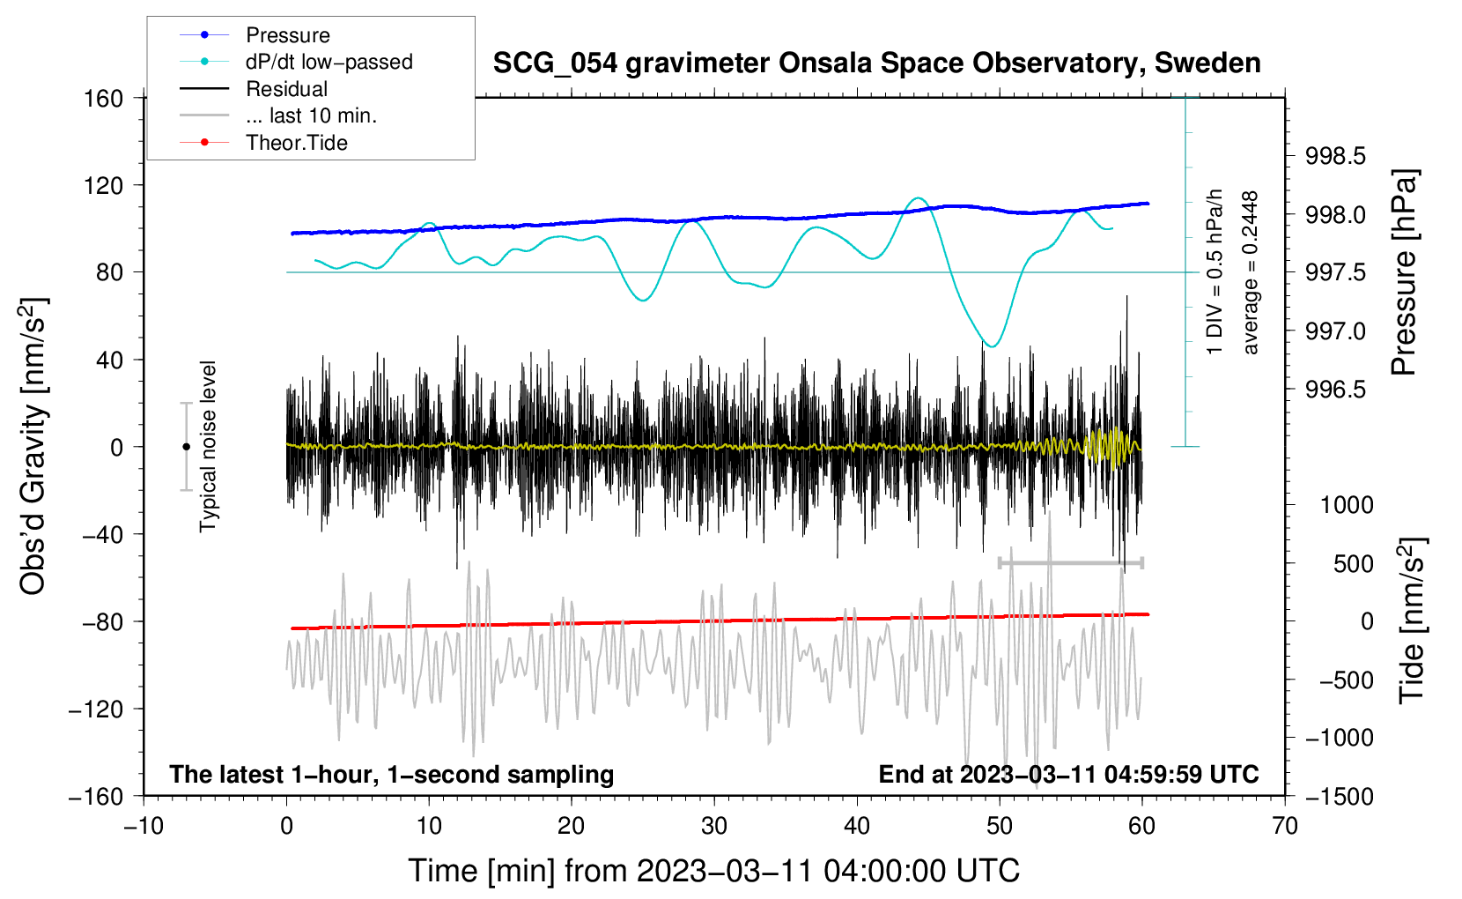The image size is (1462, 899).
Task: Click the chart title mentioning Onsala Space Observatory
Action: click(x=876, y=63)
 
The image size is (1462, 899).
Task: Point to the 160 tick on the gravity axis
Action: click(x=104, y=99)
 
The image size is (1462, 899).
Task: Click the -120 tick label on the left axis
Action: click(x=97, y=709)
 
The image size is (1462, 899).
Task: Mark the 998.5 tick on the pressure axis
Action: click(x=1334, y=156)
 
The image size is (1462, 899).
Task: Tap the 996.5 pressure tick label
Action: click(x=1334, y=390)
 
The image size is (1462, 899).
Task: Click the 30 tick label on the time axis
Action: click(x=714, y=827)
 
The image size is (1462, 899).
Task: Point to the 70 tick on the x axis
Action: click(x=1284, y=827)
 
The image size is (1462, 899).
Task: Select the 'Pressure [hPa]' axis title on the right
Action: click(x=1406, y=272)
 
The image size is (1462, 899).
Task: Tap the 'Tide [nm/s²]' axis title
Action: click(x=1413, y=620)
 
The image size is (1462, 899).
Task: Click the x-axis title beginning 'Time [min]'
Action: click(x=713, y=872)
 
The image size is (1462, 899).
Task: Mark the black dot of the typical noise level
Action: click(x=186, y=447)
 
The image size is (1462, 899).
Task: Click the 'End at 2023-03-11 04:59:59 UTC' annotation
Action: click(x=1068, y=774)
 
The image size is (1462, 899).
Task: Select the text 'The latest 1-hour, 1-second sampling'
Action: click(x=392, y=774)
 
